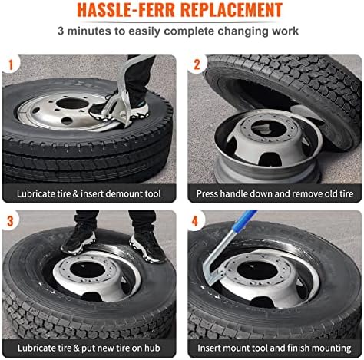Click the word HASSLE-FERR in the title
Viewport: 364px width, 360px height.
point(126,10)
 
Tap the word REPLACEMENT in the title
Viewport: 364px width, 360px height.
point(232,10)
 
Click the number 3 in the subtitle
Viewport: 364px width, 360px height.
point(61,31)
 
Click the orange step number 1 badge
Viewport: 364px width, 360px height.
point(11,64)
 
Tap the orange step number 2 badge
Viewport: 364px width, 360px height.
point(197,64)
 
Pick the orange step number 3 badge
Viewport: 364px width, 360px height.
point(10,221)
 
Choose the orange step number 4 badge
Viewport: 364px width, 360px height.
point(195,221)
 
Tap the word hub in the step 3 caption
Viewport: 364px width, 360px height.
point(152,348)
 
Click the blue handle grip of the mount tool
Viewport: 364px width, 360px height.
point(244,221)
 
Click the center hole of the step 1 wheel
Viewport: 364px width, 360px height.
point(72,103)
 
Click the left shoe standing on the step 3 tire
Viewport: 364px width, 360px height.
point(78,239)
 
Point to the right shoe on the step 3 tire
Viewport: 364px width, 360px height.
point(147,246)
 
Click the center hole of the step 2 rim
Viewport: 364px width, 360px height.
point(269,128)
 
